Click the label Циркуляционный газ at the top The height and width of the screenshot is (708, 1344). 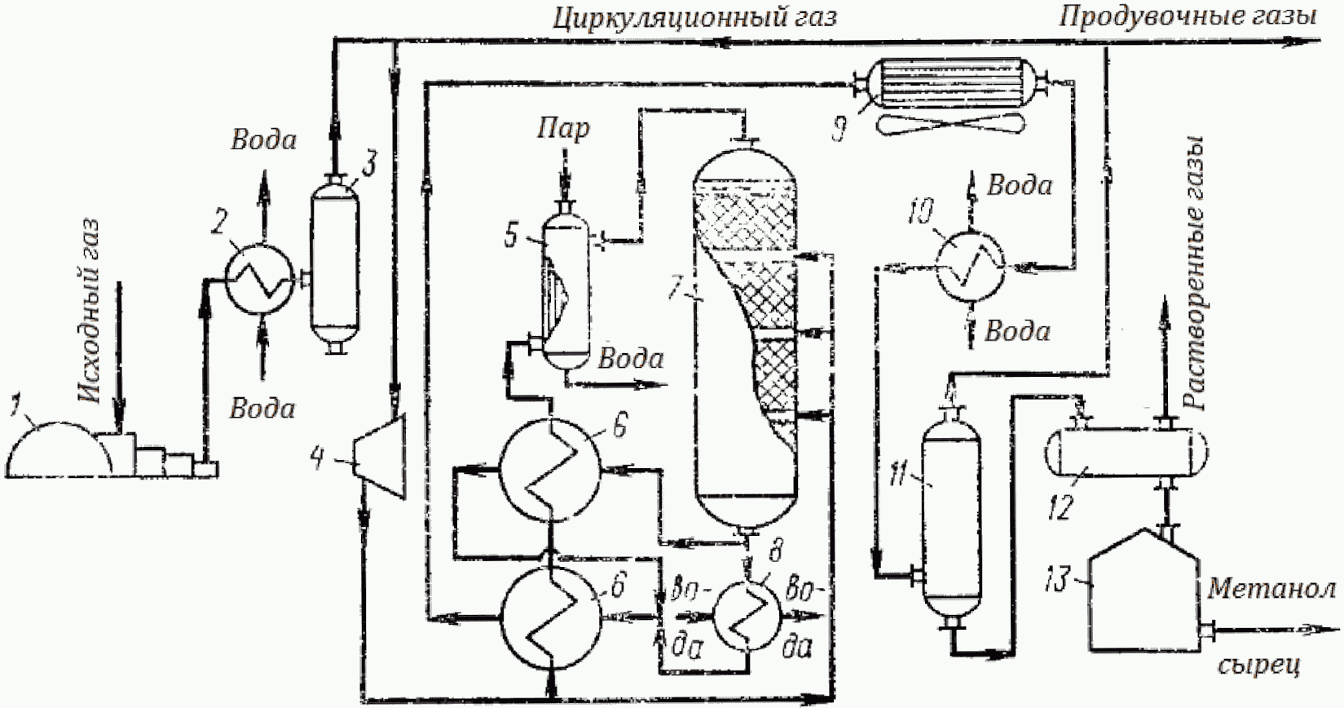(694, 18)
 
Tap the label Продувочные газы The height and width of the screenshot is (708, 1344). (1188, 17)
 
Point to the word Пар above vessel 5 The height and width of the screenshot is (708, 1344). (563, 129)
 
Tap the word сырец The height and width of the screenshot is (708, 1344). (1259, 665)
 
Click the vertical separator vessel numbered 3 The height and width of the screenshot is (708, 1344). (335, 264)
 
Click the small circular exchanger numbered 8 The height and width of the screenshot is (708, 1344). (747, 616)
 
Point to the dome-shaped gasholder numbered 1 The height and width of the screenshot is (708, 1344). (58, 449)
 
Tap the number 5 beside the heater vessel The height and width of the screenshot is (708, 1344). (511, 237)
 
